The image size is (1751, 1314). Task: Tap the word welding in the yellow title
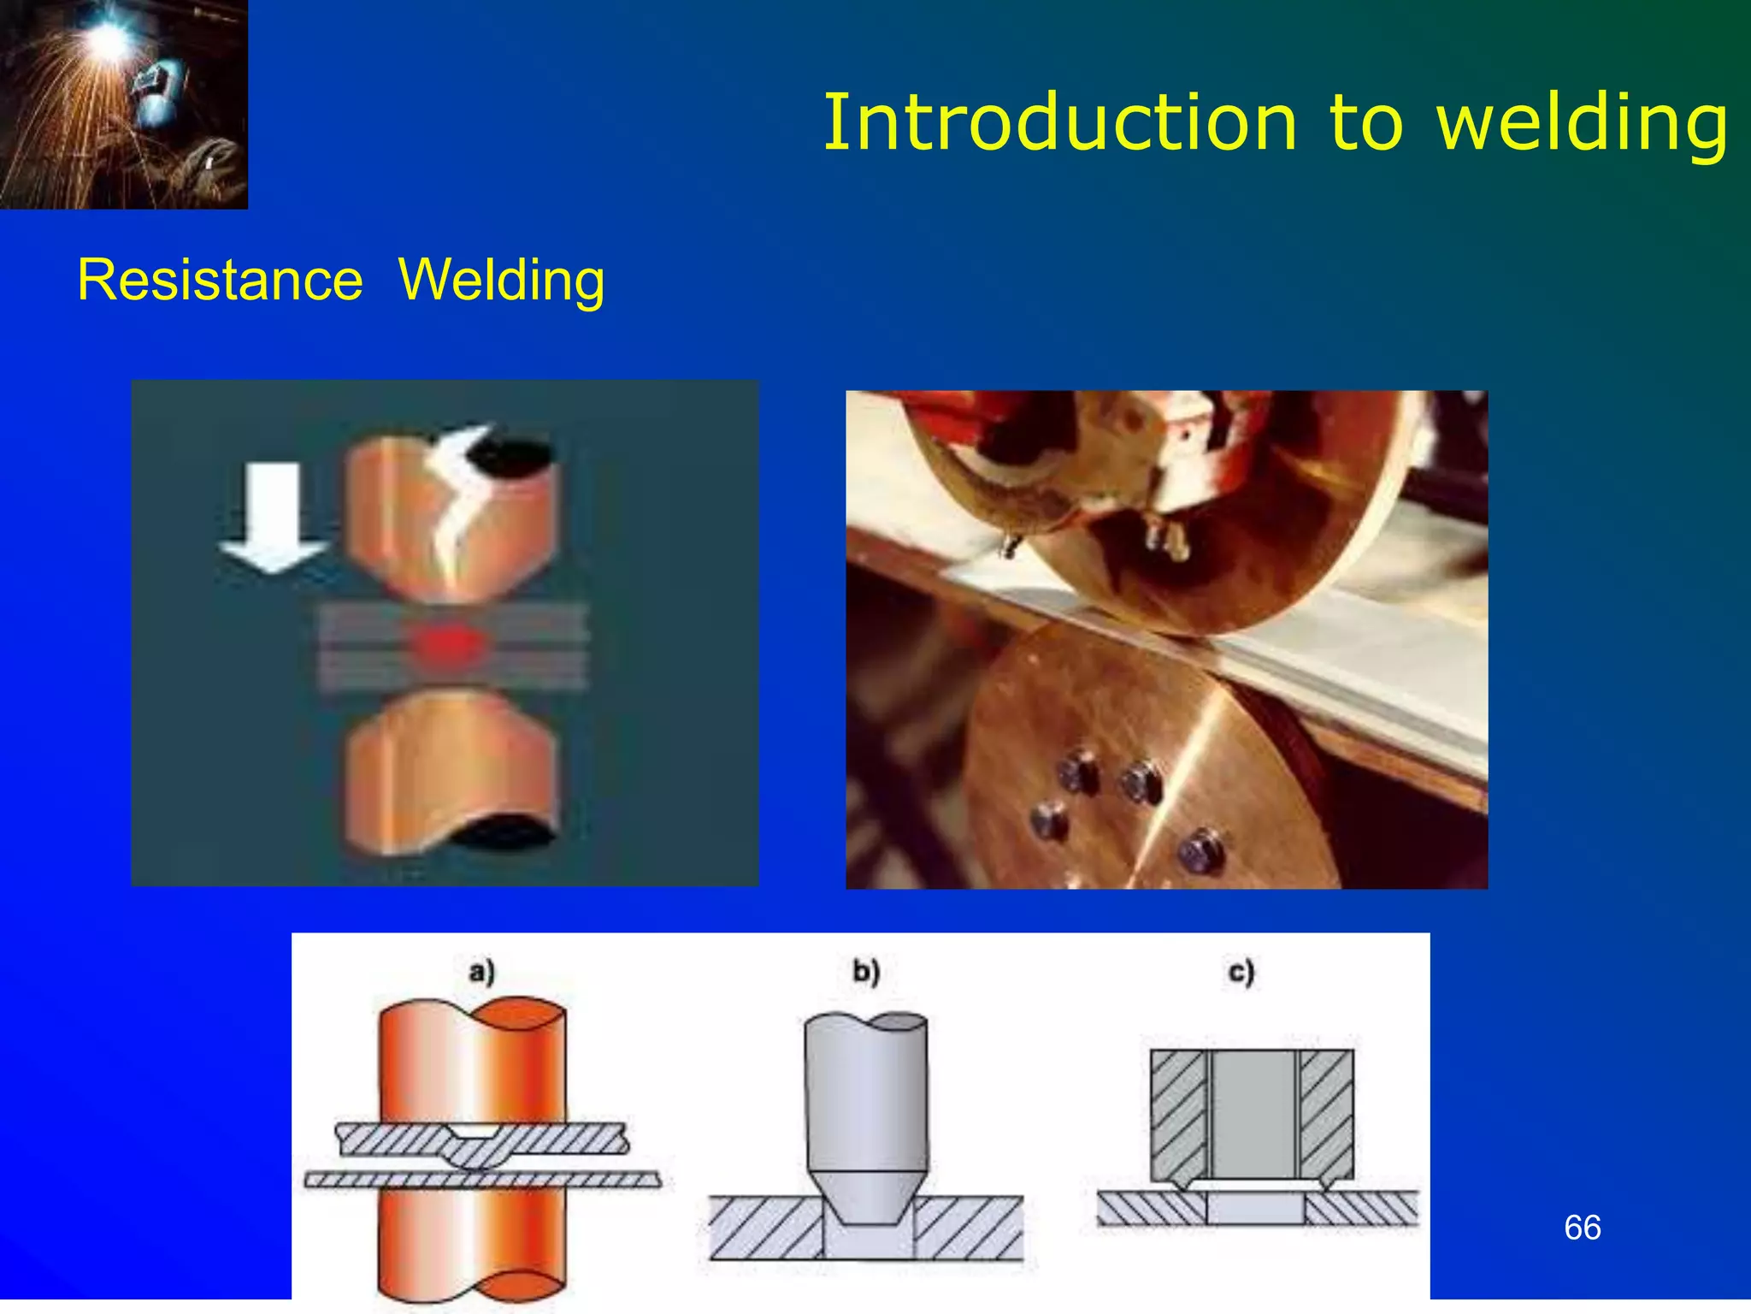click(x=1582, y=125)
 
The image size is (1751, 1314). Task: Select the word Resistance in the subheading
click(x=220, y=280)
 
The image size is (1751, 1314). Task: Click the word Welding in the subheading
click(x=502, y=280)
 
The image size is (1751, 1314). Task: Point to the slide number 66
click(x=1582, y=1228)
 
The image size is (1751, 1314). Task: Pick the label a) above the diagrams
click(x=482, y=972)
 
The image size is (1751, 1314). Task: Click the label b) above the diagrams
click(x=866, y=972)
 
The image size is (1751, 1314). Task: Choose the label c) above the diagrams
click(x=1241, y=972)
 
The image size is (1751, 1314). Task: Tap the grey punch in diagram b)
click(x=866, y=1104)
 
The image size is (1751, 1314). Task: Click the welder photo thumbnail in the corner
click(x=124, y=104)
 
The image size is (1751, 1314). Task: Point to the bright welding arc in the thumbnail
click(x=109, y=36)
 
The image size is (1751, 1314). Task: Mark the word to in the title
click(x=1365, y=125)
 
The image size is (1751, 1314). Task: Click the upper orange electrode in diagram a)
click(x=472, y=1061)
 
